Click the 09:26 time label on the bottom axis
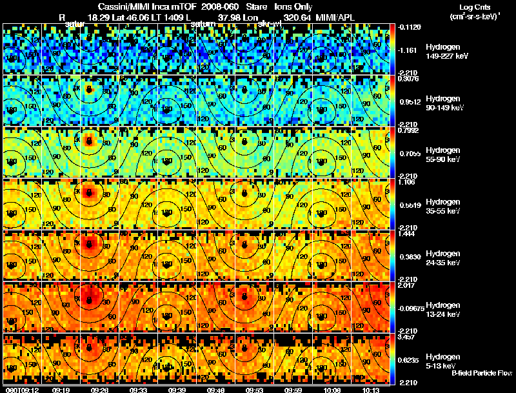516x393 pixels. coord(100,390)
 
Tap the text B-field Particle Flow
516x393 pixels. coord(482,373)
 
